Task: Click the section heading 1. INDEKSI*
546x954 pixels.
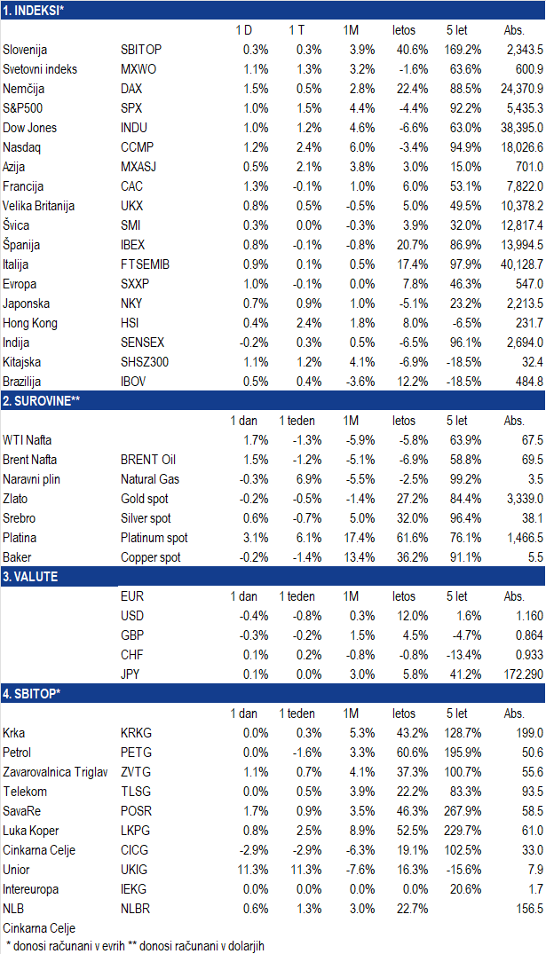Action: pos(34,11)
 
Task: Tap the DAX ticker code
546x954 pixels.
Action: pos(131,89)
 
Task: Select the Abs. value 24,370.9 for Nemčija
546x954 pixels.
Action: pos(522,89)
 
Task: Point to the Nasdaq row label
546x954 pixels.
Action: pos(22,147)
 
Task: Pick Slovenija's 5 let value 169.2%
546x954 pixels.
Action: pos(463,50)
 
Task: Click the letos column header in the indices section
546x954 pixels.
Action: pos(404,30)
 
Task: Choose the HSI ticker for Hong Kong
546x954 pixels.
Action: pos(130,323)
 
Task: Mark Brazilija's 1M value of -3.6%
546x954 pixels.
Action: pos(360,382)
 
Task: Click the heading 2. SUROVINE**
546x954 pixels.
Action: pos(42,401)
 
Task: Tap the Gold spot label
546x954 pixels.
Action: pos(144,499)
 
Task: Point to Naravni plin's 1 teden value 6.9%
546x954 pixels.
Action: pos(309,479)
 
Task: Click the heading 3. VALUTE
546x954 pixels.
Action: pos(30,577)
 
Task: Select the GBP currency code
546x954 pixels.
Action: pos(132,635)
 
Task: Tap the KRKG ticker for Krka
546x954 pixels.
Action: pos(137,733)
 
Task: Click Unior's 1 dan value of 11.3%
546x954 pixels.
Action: pos(253,870)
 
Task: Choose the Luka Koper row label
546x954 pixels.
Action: pos(31,831)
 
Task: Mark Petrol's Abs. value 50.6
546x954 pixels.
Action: pos(533,753)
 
